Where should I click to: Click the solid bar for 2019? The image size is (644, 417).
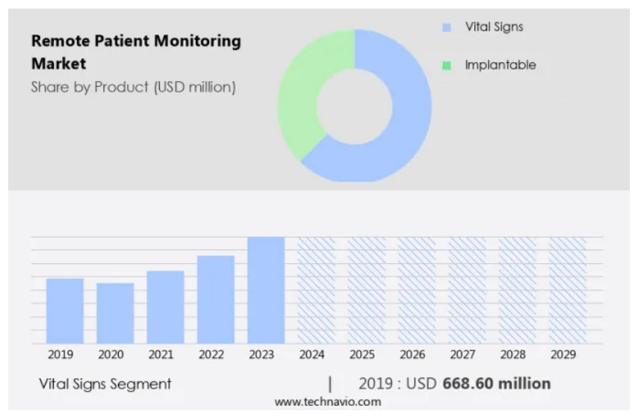(65, 311)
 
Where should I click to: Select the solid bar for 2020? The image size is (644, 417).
(115, 313)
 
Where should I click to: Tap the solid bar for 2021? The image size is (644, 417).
(165, 307)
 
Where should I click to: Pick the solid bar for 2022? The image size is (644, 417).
(216, 300)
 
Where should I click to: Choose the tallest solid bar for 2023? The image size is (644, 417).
(266, 290)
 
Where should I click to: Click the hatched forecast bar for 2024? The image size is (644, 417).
(316, 290)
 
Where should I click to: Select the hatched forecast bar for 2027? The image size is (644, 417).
(467, 290)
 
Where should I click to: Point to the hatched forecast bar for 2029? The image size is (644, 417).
(568, 290)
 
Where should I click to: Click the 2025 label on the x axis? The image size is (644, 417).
(362, 354)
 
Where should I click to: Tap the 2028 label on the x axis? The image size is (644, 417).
(513, 354)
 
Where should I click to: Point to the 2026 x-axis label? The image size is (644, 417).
(412, 354)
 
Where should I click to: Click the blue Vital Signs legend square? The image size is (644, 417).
(447, 28)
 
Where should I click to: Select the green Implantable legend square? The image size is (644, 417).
(447, 66)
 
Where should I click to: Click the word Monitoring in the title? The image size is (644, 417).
(199, 41)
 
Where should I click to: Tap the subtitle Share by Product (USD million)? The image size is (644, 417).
(133, 87)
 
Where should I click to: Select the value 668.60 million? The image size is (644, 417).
(497, 383)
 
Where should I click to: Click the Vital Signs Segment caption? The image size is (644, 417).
(105, 384)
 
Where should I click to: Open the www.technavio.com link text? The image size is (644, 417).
(327, 402)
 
